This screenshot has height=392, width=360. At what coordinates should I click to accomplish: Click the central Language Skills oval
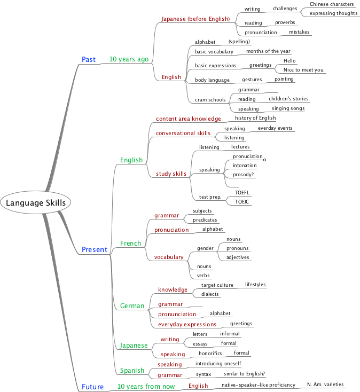click(35, 203)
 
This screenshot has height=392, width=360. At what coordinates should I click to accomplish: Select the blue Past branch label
click(89, 59)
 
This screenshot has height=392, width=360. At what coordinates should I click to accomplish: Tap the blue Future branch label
click(93, 387)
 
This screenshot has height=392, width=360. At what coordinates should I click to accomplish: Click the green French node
click(130, 244)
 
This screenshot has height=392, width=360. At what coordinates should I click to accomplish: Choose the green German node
click(132, 306)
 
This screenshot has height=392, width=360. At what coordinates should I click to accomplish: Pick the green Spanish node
click(132, 370)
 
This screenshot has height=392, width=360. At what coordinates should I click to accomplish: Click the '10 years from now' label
click(146, 386)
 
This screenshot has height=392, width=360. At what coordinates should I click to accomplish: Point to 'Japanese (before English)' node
click(195, 19)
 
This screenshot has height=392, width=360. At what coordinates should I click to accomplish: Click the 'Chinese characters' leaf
click(331, 4)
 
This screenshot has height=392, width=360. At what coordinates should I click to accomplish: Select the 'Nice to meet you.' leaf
click(304, 70)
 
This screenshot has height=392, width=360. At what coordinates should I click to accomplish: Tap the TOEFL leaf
click(242, 192)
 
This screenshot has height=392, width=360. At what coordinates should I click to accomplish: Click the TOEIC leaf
click(242, 201)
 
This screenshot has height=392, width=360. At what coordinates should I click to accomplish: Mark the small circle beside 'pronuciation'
click(264, 159)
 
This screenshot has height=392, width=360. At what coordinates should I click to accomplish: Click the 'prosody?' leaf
click(244, 175)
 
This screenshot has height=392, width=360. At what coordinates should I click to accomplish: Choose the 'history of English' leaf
click(255, 117)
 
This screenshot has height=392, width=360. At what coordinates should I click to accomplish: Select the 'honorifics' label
click(210, 353)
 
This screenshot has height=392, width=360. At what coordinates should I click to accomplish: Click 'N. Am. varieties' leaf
click(326, 384)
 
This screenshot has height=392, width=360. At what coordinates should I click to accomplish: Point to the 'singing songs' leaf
click(288, 108)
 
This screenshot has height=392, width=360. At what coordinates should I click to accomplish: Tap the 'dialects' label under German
click(210, 294)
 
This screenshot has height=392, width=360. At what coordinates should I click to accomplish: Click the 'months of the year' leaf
click(268, 51)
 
